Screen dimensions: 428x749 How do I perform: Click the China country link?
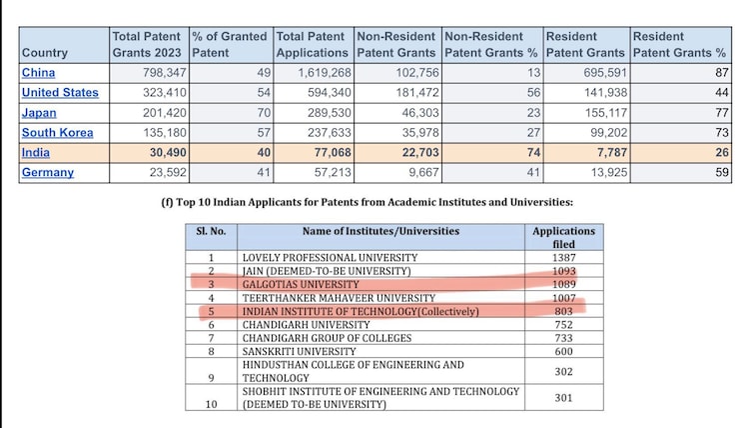pyautogui.click(x=38, y=73)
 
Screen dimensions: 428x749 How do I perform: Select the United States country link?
pyautogui.click(x=60, y=93)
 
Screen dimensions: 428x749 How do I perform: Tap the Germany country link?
pyautogui.click(x=48, y=172)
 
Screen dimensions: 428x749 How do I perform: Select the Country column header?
pyautogui.click(x=44, y=52)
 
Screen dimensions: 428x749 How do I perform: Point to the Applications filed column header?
pyautogui.click(x=563, y=237)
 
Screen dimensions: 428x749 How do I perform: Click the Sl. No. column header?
pyautogui.click(x=212, y=231)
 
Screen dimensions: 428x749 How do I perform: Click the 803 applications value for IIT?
pyautogui.click(x=564, y=311)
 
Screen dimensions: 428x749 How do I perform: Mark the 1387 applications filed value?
pyautogui.click(x=563, y=258)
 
